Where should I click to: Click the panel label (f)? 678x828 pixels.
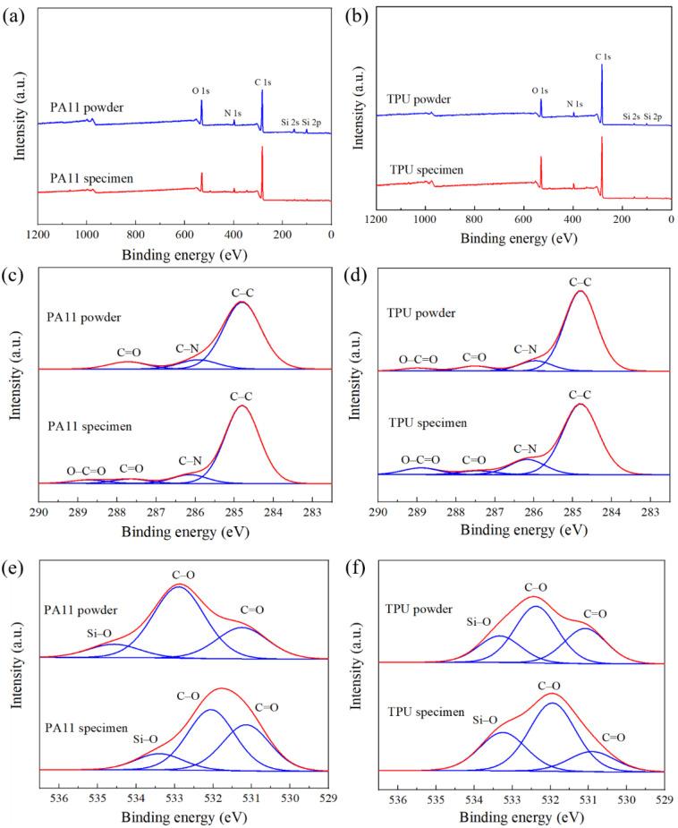coord(351,566)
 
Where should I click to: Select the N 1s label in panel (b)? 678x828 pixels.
coord(575,104)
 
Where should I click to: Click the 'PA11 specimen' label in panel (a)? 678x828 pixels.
coord(91,179)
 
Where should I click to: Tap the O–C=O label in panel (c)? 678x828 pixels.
coord(86,471)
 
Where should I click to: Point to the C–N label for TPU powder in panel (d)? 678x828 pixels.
coord(525,349)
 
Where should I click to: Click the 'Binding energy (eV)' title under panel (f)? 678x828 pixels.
coord(521,815)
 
